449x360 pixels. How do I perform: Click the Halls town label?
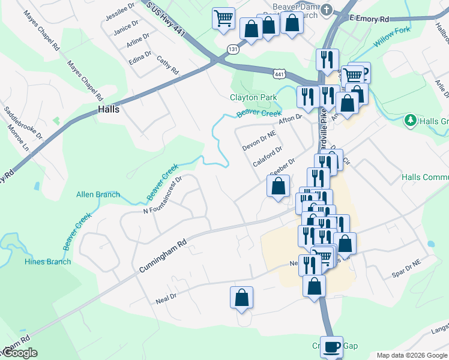109,110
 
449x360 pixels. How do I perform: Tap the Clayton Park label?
253,97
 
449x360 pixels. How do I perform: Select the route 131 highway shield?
232,49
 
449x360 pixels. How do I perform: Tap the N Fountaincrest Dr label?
162,194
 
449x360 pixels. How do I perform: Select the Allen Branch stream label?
98,194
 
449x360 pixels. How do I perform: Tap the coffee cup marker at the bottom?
331,346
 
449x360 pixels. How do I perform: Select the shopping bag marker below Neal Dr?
241,297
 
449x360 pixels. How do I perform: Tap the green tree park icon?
411,120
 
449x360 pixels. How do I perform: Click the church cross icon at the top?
327,10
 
